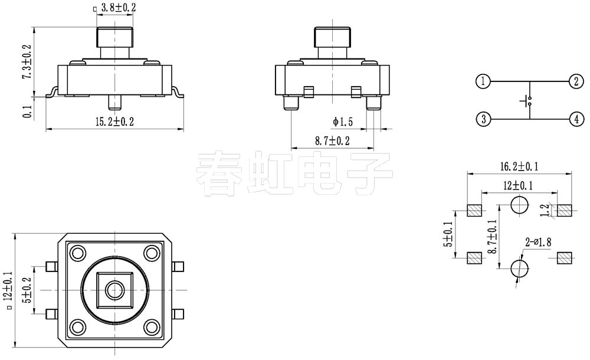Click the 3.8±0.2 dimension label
click(x=119, y=8)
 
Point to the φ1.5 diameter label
click(x=343, y=122)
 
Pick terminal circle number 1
click(x=483, y=81)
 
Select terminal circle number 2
click(x=575, y=81)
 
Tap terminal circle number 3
click(x=483, y=119)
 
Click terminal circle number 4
click(x=575, y=119)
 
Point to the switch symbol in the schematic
click(x=527, y=101)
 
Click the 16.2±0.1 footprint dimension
click(x=519, y=167)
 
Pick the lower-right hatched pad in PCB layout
click(x=564, y=258)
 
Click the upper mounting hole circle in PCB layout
click(x=519, y=205)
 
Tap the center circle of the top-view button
click(x=114, y=290)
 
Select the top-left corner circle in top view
click(x=77, y=254)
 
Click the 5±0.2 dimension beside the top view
click(x=25, y=290)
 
